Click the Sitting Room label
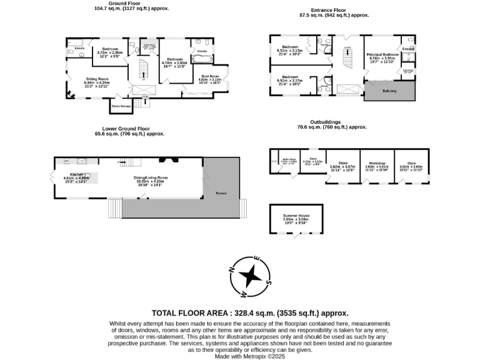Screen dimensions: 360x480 click(x=97, y=79)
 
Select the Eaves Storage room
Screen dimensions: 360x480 click(x=121, y=106)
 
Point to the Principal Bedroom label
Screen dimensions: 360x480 click(x=382, y=55)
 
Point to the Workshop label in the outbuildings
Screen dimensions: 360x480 click(x=377, y=163)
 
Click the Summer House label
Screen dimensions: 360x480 click(x=296, y=216)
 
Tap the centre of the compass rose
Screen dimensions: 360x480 click(x=250, y=276)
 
